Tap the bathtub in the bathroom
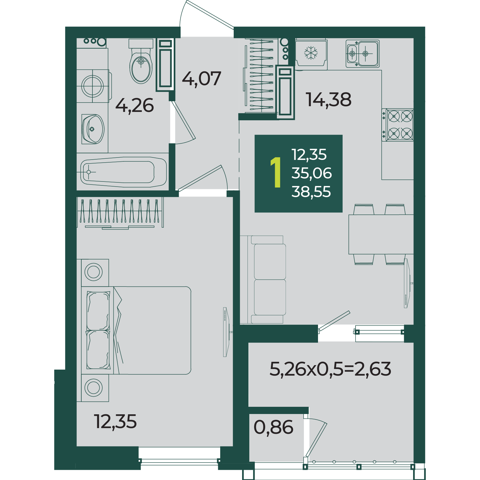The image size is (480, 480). point(123,172)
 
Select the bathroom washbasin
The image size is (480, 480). point(93,129)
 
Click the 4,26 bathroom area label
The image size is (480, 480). point(134,106)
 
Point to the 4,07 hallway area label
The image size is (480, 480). point(202,79)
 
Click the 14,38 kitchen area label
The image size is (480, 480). point(328,100)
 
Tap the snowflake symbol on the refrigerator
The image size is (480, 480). point(311,53)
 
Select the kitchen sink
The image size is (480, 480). point(363,54)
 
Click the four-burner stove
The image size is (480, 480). point(398,125)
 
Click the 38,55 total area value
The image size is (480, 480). point(311,192)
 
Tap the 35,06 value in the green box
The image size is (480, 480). point(312,173)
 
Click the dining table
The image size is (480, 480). point(381,234)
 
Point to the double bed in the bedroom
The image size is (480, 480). point(136,330)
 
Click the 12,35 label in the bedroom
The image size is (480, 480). point(115,421)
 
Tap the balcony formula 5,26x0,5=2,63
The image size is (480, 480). point(330,369)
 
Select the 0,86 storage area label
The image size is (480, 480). point(273,427)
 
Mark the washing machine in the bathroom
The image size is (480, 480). point(93,86)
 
